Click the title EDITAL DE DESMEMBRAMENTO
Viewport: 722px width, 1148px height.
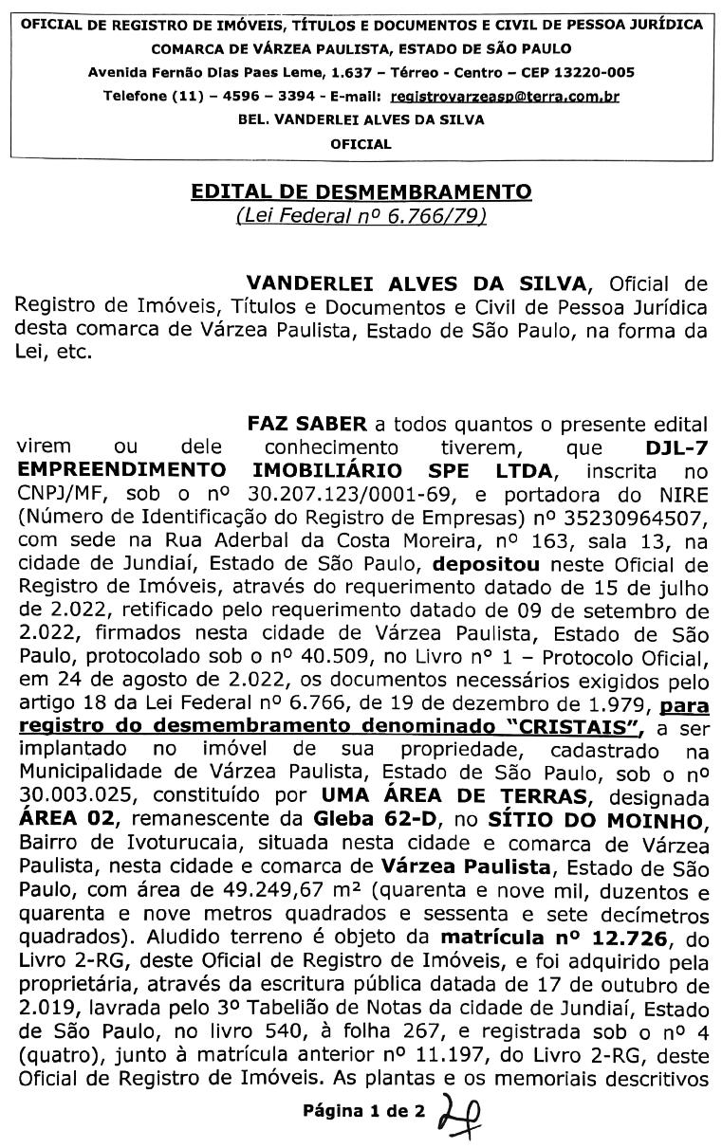pos(361,192)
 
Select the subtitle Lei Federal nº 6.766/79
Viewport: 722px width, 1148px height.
pos(361,216)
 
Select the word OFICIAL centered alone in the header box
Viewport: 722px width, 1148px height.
pos(361,144)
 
